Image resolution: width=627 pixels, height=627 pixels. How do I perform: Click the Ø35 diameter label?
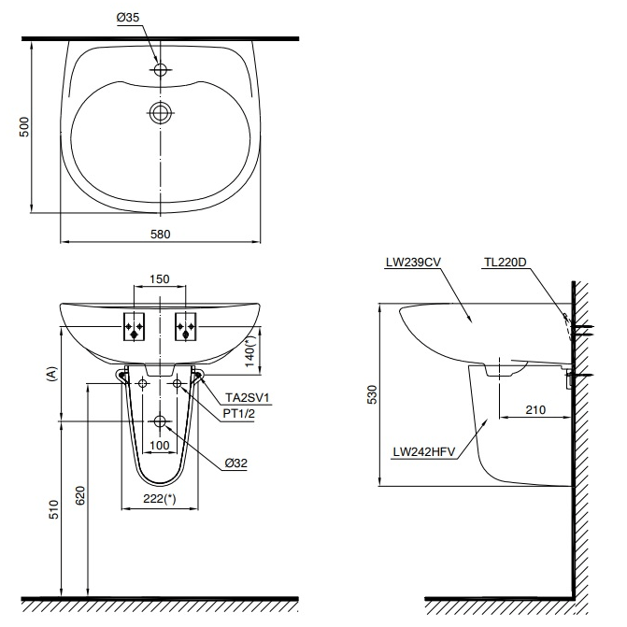[128, 18]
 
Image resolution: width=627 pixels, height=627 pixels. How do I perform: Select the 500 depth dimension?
[24, 127]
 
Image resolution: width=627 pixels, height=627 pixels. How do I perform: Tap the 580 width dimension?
[161, 234]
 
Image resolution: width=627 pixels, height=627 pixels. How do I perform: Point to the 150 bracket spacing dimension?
[160, 278]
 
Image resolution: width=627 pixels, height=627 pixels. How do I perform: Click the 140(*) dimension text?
[249, 351]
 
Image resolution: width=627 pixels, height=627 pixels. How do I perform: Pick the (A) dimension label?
[52, 375]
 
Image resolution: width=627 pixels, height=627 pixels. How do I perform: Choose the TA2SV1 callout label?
[248, 397]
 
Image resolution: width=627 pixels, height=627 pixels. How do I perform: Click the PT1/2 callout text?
[238, 413]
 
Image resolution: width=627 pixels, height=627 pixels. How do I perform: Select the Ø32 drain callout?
[235, 463]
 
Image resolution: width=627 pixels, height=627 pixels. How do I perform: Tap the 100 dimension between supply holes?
[160, 445]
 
